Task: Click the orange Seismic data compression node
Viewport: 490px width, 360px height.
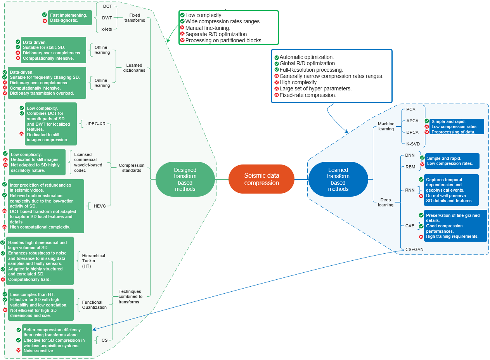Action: tap(261, 179)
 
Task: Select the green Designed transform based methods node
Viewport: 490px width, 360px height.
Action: tap(185, 179)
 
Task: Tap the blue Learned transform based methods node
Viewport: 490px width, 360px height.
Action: tap(338, 179)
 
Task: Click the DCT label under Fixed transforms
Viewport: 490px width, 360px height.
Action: tap(107, 7)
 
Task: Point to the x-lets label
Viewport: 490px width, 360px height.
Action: tap(107, 29)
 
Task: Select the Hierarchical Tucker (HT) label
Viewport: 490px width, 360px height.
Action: tap(93, 261)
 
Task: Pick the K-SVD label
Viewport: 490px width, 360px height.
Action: tap(413, 144)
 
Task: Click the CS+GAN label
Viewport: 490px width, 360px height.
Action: tap(414, 249)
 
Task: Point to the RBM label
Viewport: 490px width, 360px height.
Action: tap(410, 167)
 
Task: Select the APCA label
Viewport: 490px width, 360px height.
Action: tap(412, 121)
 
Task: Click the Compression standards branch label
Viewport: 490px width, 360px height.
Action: tap(132, 168)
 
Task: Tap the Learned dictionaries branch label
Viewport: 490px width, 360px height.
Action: tap(135, 68)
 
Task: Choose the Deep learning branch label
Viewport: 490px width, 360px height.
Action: tap(386, 202)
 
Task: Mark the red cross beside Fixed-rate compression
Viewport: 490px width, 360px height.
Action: tap(277, 95)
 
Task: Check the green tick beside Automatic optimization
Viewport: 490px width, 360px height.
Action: tap(277, 57)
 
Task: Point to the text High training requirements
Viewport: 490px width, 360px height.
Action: tap(452, 237)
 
